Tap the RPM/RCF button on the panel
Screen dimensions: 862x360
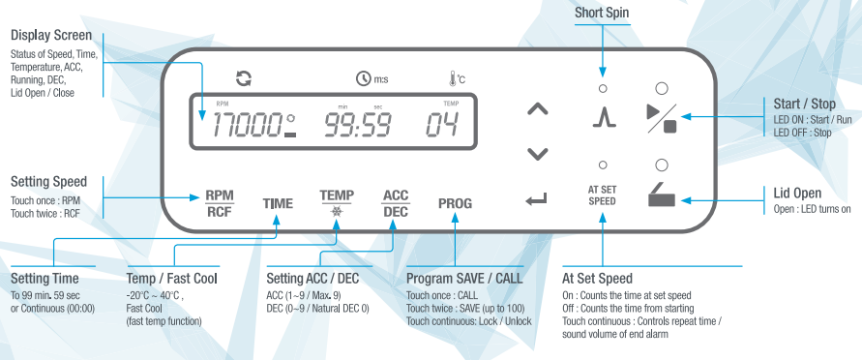220,203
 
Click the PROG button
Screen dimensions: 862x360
456,203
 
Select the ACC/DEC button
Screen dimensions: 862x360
396,203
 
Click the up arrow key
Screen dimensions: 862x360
538,109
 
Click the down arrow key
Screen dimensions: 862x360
538,155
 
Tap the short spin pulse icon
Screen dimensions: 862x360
604,116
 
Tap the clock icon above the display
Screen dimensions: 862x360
363,79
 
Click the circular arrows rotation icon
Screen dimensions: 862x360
244,78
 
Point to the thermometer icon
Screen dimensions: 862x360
452,79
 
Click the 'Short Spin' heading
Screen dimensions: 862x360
602,13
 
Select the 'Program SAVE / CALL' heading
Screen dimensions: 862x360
464,278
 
